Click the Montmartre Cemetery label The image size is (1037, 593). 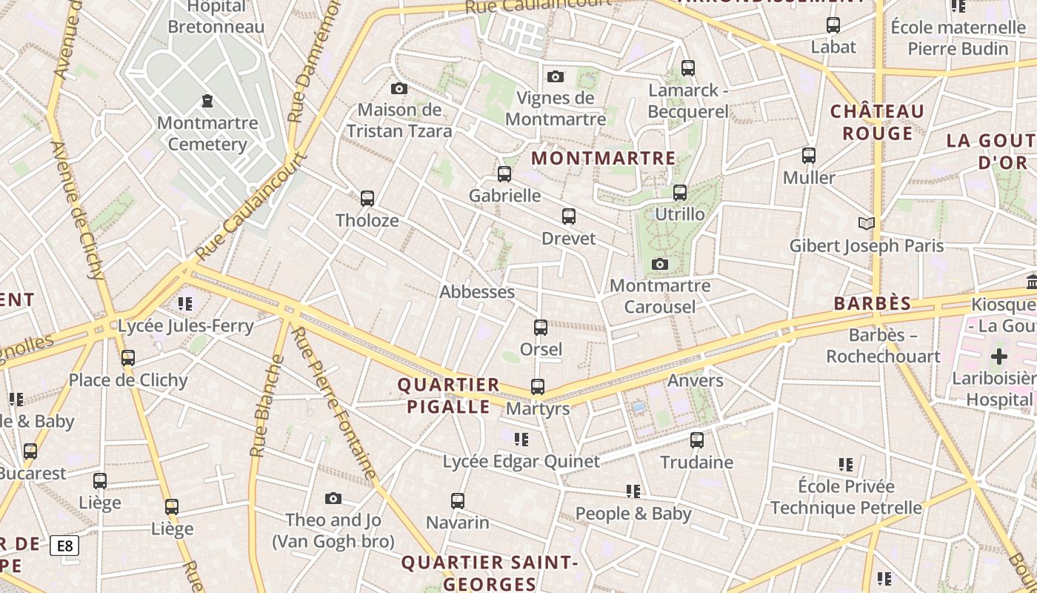(x=207, y=133)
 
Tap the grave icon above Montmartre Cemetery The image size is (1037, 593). (x=207, y=101)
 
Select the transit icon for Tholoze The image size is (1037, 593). (x=367, y=199)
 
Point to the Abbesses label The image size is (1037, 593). (x=477, y=292)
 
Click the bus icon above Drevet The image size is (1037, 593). (x=569, y=216)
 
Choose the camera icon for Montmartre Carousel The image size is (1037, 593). (x=660, y=264)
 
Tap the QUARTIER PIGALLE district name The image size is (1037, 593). (x=448, y=395)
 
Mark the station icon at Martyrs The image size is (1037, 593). (x=538, y=387)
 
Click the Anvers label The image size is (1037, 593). (x=695, y=381)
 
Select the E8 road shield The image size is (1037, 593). (x=64, y=546)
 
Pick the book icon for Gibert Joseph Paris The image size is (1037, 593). (x=866, y=223)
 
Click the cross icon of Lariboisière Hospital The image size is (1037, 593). (x=999, y=357)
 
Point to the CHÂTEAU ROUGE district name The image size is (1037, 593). (x=877, y=122)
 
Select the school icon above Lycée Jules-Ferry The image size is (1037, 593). (x=185, y=303)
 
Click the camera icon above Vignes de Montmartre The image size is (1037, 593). (x=556, y=76)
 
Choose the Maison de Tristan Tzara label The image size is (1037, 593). (x=399, y=120)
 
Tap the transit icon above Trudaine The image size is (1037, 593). (x=697, y=440)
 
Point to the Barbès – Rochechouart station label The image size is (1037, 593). (x=883, y=345)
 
